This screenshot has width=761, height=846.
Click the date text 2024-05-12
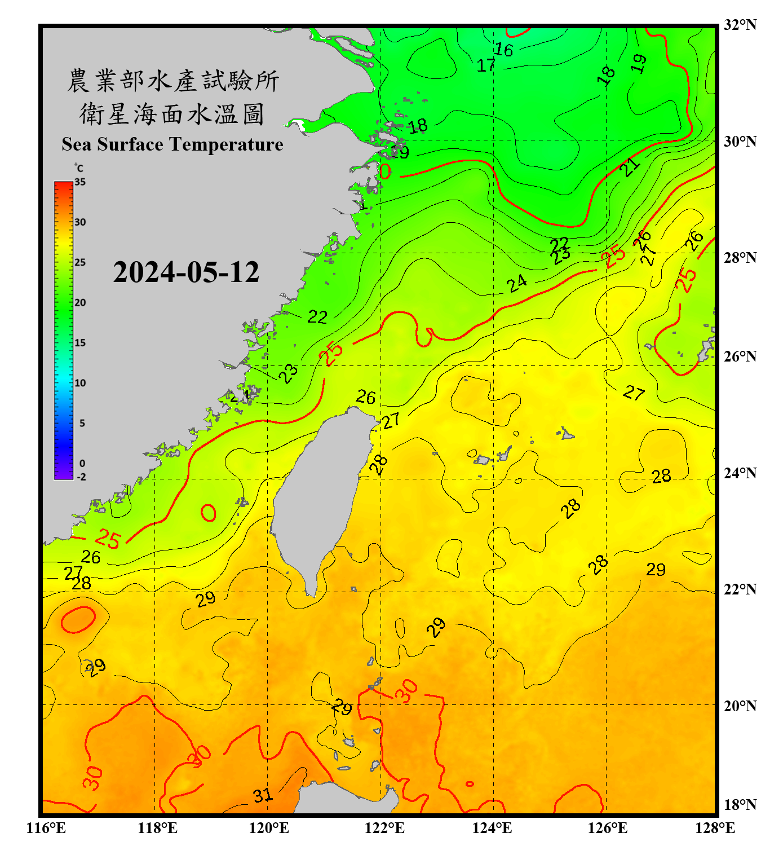(186, 272)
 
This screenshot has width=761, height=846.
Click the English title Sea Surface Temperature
(172, 144)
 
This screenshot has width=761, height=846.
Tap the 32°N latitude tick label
(739, 25)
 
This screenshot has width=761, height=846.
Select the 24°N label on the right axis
(739, 473)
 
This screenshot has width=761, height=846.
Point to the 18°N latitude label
(739, 804)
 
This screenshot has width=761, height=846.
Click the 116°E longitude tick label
(46, 828)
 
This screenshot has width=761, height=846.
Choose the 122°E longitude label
(384, 828)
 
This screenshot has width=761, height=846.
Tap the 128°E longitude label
(715, 828)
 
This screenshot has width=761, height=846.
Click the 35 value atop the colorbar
(80, 182)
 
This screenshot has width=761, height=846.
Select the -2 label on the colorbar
(81, 477)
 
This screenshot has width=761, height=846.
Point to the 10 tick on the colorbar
(80, 383)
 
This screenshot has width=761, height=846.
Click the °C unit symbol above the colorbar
(78, 168)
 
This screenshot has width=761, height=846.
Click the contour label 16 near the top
(503, 50)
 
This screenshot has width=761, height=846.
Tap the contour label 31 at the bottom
(262, 795)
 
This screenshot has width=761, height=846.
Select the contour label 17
(486, 65)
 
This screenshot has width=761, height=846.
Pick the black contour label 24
(516, 283)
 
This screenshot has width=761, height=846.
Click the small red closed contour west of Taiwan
(209, 513)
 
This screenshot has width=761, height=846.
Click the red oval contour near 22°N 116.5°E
(78, 619)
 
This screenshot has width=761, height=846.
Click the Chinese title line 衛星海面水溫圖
(172, 114)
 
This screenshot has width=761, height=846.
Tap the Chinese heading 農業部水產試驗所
(172, 81)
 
